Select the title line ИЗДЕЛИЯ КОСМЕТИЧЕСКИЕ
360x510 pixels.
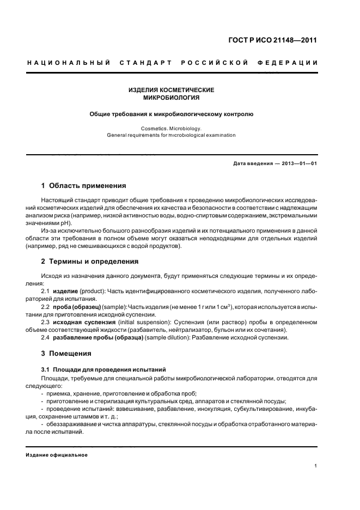click(171, 90)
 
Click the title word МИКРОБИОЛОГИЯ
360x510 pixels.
click(171, 98)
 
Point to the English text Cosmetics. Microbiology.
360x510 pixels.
click(171, 128)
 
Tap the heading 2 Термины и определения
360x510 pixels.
click(90, 262)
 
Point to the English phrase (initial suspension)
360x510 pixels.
click(142, 323)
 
